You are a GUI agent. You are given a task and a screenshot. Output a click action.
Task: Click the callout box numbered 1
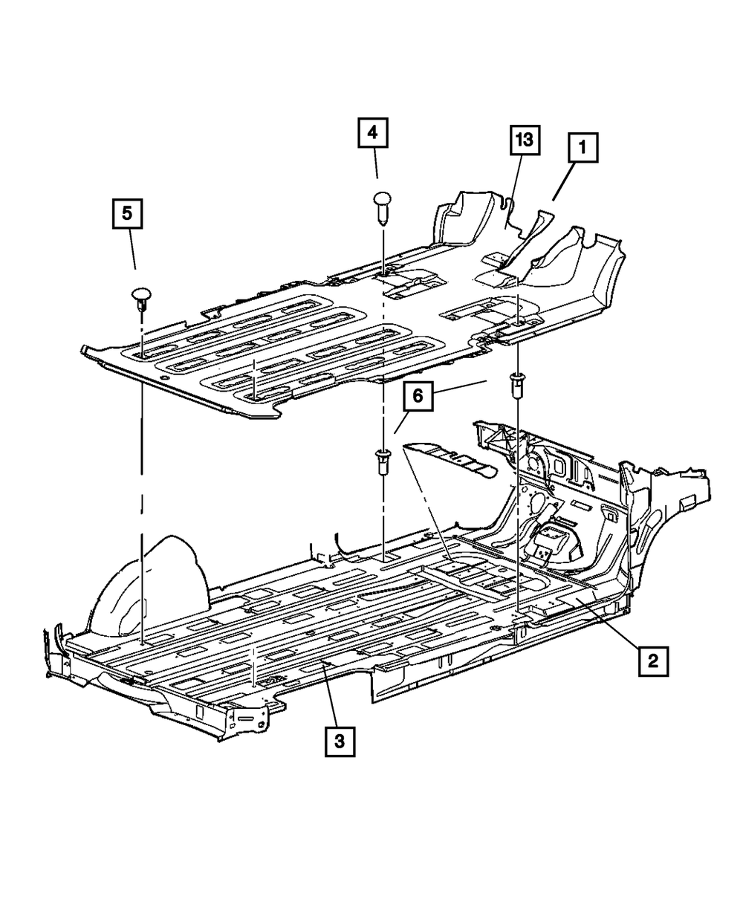pos(583,149)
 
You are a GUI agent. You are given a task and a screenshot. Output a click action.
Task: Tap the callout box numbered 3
pos(339,741)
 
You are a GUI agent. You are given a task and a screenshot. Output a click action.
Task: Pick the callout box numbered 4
pos(373,134)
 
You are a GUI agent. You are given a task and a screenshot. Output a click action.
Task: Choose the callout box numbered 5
pos(128,214)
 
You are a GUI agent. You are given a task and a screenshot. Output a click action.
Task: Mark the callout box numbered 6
pos(418,396)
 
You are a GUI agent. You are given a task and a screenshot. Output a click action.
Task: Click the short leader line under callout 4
pos(377,168)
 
